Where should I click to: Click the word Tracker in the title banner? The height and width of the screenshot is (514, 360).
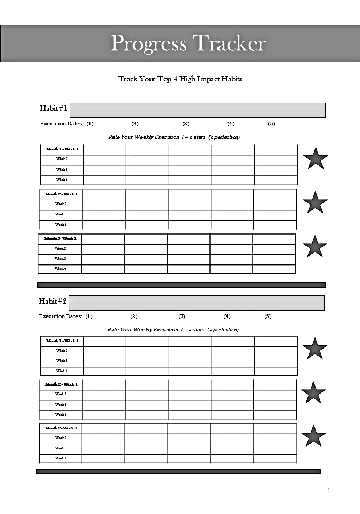pyautogui.click(x=228, y=43)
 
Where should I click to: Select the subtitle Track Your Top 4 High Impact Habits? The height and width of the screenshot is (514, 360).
pyautogui.click(x=180, y=79)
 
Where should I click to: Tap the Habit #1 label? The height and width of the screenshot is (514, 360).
pyautogui.click(x=53, y=109)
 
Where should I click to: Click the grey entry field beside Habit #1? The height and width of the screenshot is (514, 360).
pyautogui.click(x=197, y=110)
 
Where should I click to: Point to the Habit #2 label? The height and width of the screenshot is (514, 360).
pyautogui.click(x=52, y=301)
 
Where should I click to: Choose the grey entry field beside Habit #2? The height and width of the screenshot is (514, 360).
pyautogui.click(x=196, y=303)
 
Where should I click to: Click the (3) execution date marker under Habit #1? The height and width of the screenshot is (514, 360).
pyautogui.click(x=186, y=124)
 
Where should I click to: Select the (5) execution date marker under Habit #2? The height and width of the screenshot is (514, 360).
pyautogui.click(x=268, y=316)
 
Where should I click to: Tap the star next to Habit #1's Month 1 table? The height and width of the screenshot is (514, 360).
pyautogui.click(x=315, y=158)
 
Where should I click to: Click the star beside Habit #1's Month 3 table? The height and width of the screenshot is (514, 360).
pyautogui.click(x=314, y=246)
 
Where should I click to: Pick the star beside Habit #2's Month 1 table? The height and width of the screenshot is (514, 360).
pyautogui.click(x=314, y=349)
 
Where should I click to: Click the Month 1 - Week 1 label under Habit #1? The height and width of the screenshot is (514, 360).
pyautogui.click(x=62, y=149)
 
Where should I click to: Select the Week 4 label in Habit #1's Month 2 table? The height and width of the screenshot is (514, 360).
pyautogui.click(x=61, y=225)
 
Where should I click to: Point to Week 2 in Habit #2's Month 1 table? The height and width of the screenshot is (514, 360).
pyautogui.click(x=62, y=351)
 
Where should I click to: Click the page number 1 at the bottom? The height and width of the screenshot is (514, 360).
pyautogui.click(x=329, y=490)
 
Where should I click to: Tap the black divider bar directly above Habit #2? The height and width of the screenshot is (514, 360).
pyautogui.click(x=181, y=285)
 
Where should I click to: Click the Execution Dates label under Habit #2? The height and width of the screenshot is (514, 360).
pyautogui.click(x=61, y=316)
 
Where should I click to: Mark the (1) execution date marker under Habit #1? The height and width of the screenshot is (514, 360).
pyautogui.click(x=90, y=124)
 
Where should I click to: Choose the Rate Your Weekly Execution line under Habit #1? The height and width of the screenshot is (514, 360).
pyautogui.click(x=174, y=137)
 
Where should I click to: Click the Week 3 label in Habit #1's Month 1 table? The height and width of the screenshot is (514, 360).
pyautogui.click(x=62, y=170)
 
